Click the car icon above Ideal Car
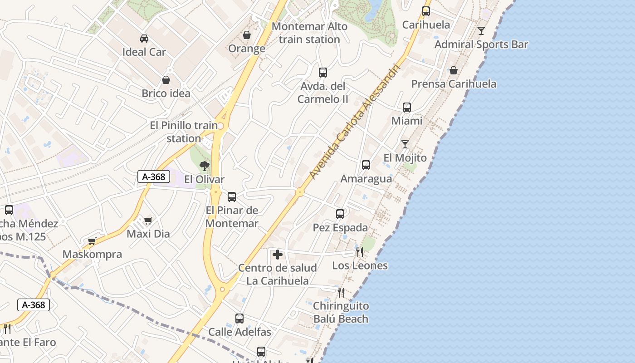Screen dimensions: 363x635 click(144, 38)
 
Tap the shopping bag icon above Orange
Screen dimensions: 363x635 click(247, 35)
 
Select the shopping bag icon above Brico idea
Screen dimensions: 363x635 click(166, 80)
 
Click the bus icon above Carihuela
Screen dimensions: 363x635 click(426, 11)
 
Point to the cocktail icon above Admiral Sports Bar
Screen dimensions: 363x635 click(481, 31)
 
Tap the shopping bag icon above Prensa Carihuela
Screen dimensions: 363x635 click(453, 70)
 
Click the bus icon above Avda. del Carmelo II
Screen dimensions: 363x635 click(323, 72)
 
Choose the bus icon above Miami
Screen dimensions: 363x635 click(407, 108)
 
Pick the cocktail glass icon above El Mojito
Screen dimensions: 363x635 click(405, 144)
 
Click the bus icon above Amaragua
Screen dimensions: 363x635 click(366, 165)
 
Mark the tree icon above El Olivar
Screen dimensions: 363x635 click(205, 166)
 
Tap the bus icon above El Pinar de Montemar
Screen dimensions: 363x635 click(232, 196)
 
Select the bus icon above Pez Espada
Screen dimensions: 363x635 click(340, 214)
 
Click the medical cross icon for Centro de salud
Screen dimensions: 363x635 click(278, 255)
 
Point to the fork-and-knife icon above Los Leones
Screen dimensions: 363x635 click(360, 252)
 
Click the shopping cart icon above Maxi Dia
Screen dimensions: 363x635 click(148, 221)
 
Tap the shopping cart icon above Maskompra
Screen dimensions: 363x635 click(92, 241)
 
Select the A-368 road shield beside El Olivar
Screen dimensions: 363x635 click(154, 177)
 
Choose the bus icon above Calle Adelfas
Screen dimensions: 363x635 click(239, 319)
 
